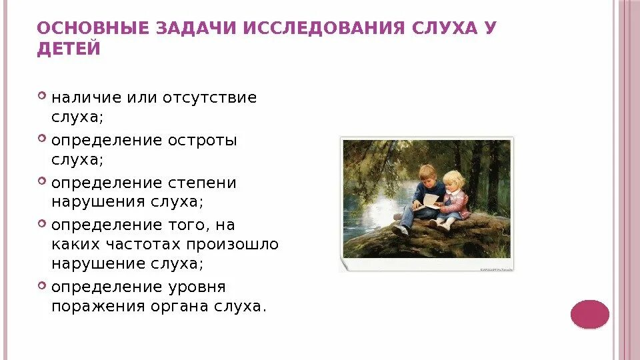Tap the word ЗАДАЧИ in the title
click(187, 29)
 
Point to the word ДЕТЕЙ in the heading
click(69, 49)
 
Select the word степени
click(204, 183)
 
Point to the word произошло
click(233, 245)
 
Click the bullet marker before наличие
click(43, 97)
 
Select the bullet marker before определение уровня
click(43, 285)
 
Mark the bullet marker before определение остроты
click(43, 139)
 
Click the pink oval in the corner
click(590, 314)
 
